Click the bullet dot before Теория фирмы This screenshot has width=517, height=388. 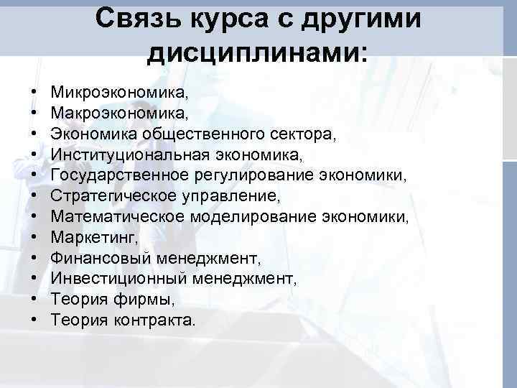click(34, 299)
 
